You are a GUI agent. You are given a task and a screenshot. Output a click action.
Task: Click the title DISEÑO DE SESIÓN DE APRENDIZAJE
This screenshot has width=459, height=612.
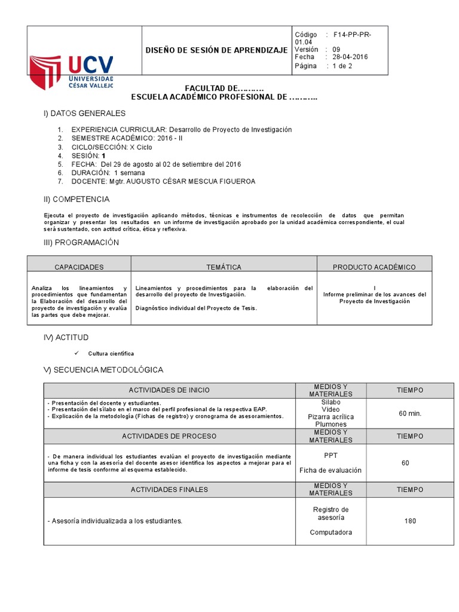[x=217, y=50]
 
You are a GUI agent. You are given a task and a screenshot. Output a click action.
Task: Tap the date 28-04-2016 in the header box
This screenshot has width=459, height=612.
[x=350, y=57]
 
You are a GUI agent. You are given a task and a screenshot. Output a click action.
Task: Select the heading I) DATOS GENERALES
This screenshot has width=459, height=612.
[x=84, y=113]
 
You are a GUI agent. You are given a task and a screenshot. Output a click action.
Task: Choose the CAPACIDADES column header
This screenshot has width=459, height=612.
[x=79, y=267]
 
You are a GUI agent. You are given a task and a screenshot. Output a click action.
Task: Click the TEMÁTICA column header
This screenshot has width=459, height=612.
[x=224, y=267]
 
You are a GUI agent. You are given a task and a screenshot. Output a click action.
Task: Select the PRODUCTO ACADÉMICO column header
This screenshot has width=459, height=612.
[x=374, y=267]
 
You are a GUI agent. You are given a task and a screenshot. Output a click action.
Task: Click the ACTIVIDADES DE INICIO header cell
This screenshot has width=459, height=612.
[x=169, y=390]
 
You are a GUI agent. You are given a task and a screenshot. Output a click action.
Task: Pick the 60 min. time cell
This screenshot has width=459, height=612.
[x=410, y=413]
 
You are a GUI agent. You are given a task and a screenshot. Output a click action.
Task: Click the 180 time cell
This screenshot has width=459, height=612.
[x=410, y=521]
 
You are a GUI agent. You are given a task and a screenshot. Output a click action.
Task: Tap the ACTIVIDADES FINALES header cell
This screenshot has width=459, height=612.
[x=169, y=489]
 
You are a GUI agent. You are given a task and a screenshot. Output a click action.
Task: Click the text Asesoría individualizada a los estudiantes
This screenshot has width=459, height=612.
[x=114, y=521]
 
